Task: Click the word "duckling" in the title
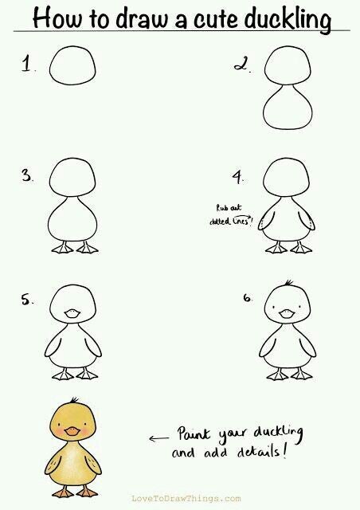pos(288,19)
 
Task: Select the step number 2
pos(241,64)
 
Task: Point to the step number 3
pos(26,175)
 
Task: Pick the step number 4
pos(237,178)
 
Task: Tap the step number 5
pos(26,300)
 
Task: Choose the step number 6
pos(247,297)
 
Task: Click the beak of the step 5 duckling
pos(72,313)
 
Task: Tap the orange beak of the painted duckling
pos(72,431)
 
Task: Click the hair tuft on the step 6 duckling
pos(288,283)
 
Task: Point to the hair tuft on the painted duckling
pos(75,400)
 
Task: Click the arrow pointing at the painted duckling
pos(158,438)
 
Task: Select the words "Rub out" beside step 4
pos(229,207)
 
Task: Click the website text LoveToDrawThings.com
pos(186,498)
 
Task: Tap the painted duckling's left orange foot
pos(63,492)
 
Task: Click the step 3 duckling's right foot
pos(87,248)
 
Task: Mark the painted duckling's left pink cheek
pos(59,431)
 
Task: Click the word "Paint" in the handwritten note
pos(194,434)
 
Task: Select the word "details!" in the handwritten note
pos(263,452)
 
